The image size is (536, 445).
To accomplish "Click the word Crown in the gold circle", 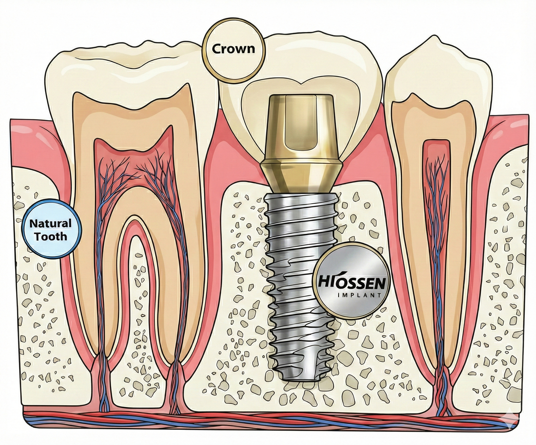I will click(233, 49).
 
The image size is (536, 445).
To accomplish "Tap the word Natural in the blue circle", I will click(50, 224).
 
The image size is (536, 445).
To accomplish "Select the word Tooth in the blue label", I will click(51, 237).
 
